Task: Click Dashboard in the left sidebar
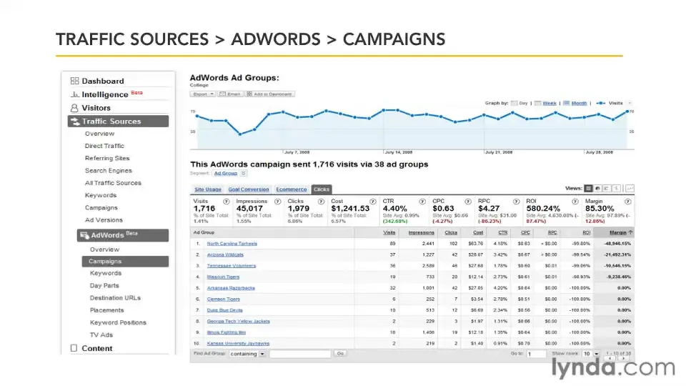(x=102, y=81)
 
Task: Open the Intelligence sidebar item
(x=104, y=94)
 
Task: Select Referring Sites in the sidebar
(x=107, y=158)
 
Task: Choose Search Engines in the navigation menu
(x=108, y=171)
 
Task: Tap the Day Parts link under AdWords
(x=104, y=286)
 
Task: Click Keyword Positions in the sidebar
(x=118, y=323)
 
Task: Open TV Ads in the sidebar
(x=101, y=335)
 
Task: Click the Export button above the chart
(x=202, y=94)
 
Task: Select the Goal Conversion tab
(x=249, y=189)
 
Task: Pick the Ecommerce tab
(x=291, y=189)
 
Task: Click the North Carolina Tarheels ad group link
(x=232, y=244)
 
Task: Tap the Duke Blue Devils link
(x=224, y=310)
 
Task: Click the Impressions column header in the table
(x=421, y=232)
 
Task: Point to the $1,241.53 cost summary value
(x=350, y=208)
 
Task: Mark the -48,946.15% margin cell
(x=614, y=244)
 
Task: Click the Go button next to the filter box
(x=340, y=354)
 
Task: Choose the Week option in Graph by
(x=549, y=104)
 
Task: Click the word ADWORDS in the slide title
(x=276, y=39)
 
